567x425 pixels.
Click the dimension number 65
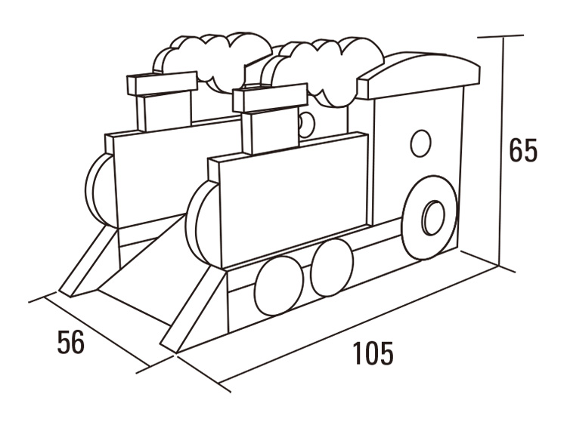522,149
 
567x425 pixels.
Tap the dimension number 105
373,353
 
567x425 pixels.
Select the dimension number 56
70,342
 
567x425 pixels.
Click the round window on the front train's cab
420,143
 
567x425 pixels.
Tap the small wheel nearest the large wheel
331,268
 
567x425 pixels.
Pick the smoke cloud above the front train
325,64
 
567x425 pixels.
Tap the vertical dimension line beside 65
501,151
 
